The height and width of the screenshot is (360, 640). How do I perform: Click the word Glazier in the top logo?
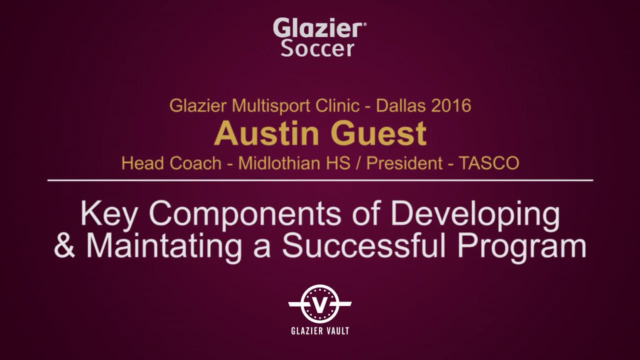point(318,27)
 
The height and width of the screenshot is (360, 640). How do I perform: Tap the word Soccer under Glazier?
point(317,48)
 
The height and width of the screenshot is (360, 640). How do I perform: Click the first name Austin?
point(266,133)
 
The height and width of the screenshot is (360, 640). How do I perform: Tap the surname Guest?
point(378,133)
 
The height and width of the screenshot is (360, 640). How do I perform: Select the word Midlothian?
point(294,163)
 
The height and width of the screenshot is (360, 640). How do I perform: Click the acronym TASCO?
point(488,163)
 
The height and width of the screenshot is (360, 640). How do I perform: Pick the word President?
point(404,163)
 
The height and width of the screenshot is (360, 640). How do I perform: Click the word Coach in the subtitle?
point(195,163)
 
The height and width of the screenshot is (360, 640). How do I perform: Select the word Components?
point(245,215)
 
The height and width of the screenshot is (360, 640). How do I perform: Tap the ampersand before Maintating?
point(64,246)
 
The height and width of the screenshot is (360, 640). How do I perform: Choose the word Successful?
point(363,245)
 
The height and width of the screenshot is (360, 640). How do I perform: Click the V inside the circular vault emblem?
point(320,304)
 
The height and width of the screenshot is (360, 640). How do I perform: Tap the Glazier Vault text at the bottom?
point(320,331)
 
